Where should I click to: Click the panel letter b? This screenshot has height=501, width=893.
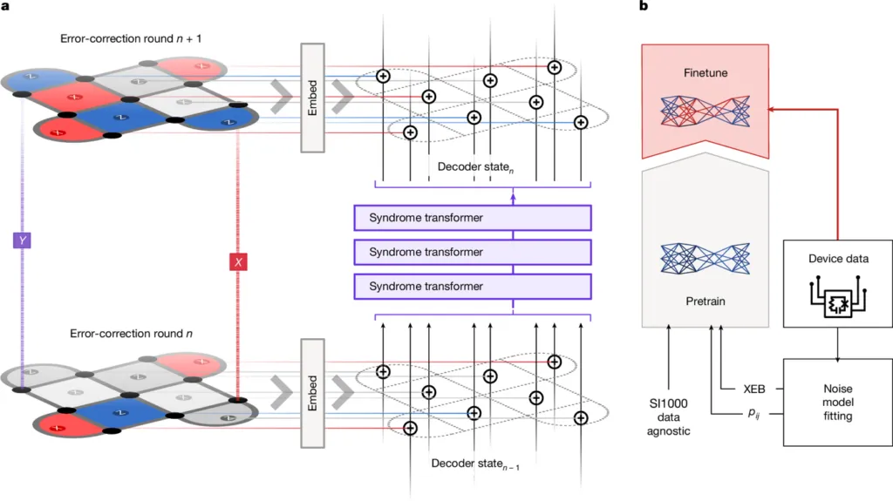coord(644,8)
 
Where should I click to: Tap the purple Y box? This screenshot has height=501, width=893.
coord(24,239)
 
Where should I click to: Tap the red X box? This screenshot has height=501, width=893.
coord(236,261)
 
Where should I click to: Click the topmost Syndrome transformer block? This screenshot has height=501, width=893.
coord(472,217)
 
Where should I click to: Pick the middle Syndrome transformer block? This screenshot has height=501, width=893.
coord(472,252)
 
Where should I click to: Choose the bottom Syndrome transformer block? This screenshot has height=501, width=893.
coord(472,286)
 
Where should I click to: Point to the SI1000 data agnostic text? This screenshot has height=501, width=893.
coord(667,419)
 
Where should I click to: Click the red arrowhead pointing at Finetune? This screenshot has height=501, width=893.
coord(770,110)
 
